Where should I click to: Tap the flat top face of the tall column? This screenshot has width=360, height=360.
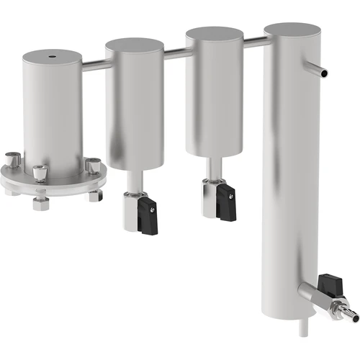[x=292, y=30]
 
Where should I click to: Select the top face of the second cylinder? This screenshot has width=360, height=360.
[x=135, y=45]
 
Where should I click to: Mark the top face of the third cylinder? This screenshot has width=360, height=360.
[x=214, y=35]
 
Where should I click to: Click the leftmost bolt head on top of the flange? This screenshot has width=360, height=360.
[x=12, y=158]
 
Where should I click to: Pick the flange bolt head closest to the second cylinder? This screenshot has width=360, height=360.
[x=93, y=165]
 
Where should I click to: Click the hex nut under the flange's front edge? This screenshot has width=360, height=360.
[x=40, y=203]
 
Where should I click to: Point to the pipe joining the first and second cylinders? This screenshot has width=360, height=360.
[x=94, y=65]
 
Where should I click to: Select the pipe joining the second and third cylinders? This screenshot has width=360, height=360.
[x=174, y=53]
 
